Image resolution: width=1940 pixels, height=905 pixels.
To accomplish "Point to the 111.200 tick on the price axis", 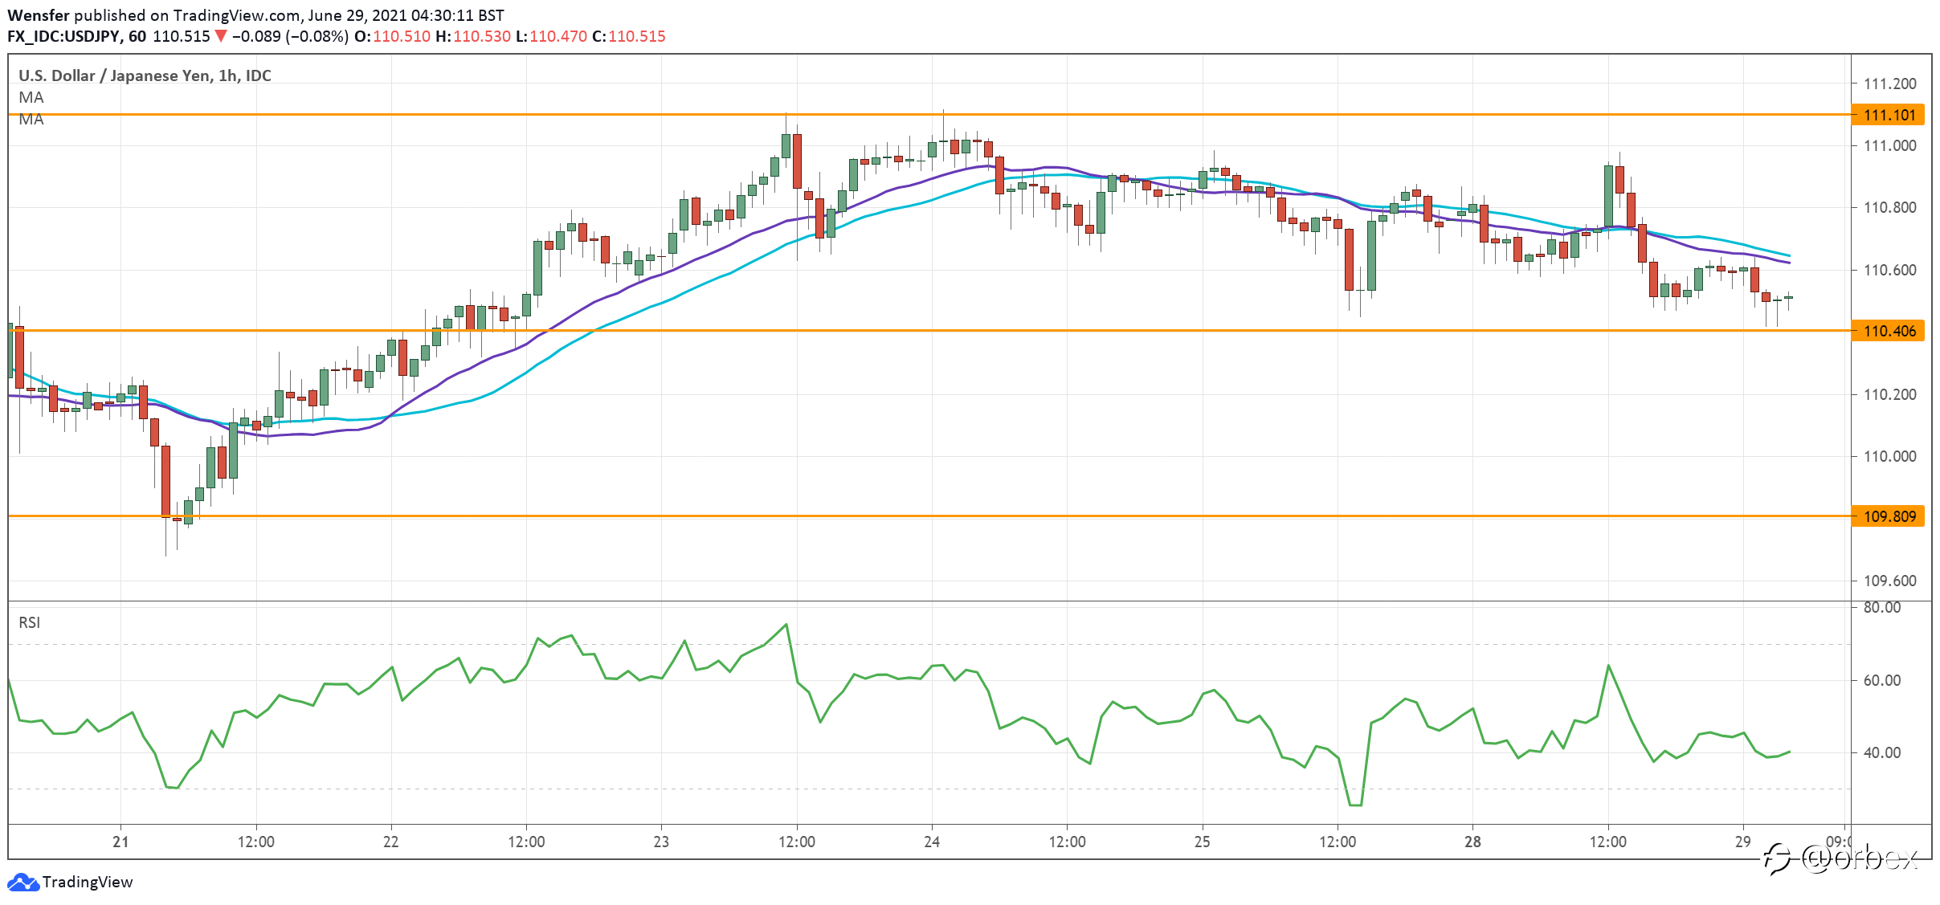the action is (1889, 84).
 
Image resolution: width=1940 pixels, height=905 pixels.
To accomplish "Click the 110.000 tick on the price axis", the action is (1889, 456).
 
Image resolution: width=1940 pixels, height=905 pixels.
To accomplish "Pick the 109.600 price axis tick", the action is (1889, 581).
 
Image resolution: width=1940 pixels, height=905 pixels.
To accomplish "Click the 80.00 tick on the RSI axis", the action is (1882, 608).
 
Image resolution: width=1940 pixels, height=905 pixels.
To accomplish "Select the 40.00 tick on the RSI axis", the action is (1882, 752).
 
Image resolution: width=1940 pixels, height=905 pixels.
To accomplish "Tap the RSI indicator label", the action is (30, 622).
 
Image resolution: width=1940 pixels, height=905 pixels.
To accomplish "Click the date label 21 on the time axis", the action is (120, 842).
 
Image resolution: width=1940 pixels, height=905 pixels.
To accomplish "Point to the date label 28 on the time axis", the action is (1472, 842).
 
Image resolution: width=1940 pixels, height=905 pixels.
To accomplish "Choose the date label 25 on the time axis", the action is (1203, 842).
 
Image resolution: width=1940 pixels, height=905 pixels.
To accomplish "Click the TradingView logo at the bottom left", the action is (70, 882).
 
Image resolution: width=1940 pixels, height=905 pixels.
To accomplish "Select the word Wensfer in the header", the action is (38, 15).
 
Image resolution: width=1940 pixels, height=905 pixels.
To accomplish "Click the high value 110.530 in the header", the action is (482, 36).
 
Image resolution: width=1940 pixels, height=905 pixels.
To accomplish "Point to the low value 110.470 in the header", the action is (558, 36).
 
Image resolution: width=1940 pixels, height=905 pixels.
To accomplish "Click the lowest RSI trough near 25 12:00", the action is (1355, 805).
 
